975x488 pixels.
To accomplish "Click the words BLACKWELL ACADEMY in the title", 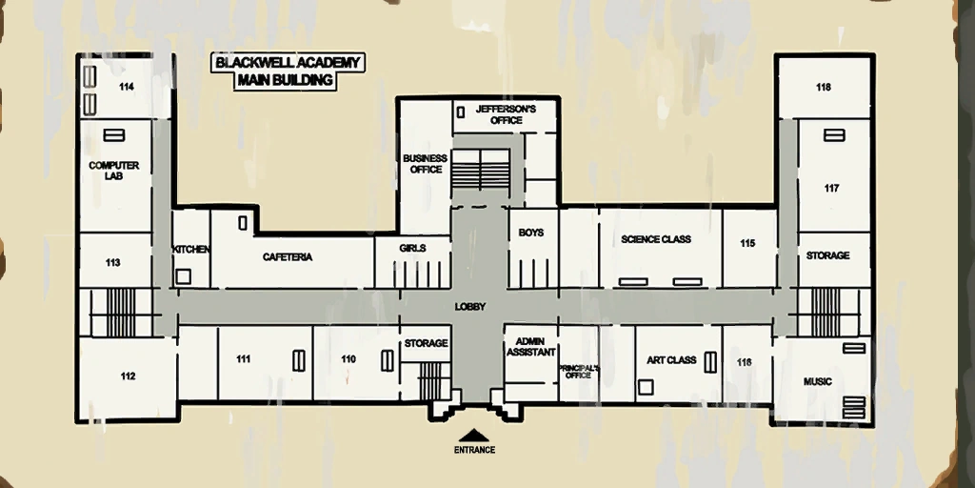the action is (288, 63).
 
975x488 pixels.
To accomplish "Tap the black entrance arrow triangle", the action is (474, 435).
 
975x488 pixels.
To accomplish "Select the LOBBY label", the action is (470, 307).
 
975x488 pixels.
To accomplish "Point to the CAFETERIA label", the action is (288, 257).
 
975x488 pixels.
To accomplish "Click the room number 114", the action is (127, 87).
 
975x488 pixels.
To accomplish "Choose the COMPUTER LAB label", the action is (114, 171).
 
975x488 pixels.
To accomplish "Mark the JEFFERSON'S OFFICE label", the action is (507, 114).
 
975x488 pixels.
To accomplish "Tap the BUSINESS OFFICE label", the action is (426, 164).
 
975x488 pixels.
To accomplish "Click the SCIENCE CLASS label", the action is (656, 239).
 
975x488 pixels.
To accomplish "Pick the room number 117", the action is (831, 189).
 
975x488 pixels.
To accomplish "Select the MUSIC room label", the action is (818, 381).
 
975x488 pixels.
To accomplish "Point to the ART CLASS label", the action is (671, 360).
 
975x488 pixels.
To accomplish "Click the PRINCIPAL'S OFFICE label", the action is (578, 372).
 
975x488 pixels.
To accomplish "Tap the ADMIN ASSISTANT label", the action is (531, 347).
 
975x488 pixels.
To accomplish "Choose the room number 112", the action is (129, 376).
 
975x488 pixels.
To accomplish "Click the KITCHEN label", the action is (190, 250).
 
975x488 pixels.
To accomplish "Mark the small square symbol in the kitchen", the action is (183, 276).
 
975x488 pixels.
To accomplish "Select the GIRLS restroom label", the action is (413, 249).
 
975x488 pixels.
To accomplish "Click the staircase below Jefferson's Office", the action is (480, 168).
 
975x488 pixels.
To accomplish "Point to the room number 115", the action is (747, 243).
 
